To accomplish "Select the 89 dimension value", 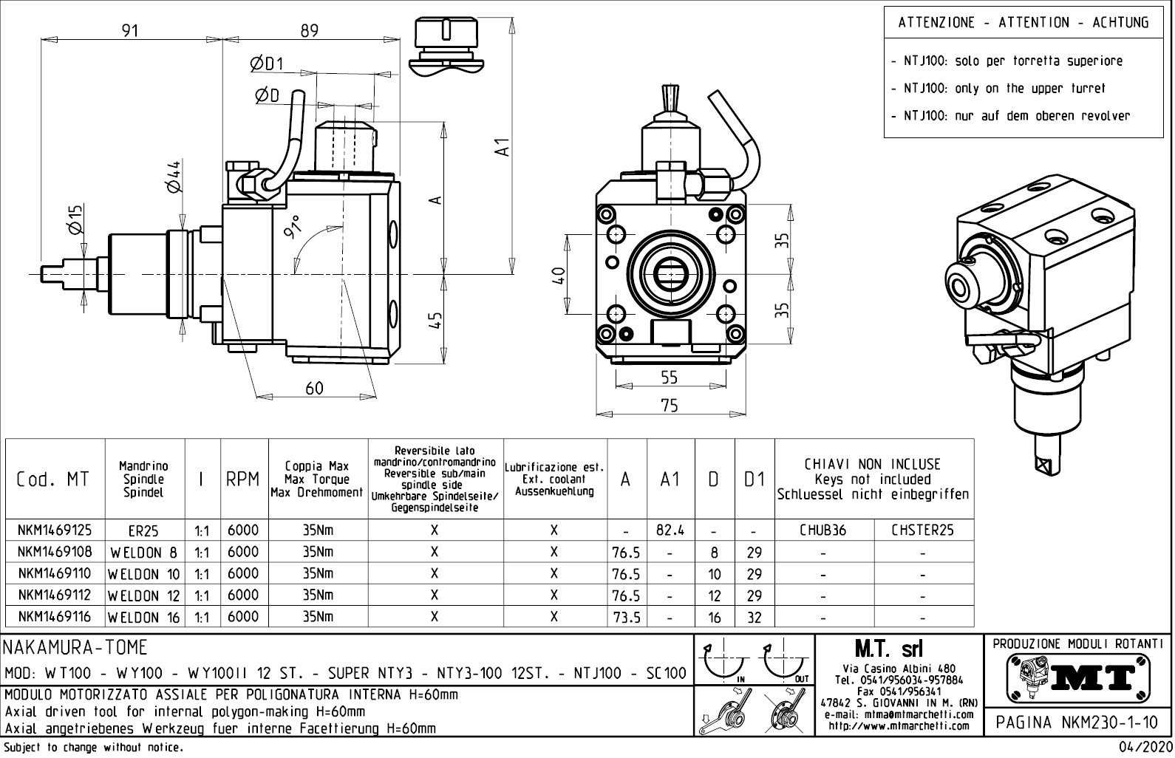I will point(309,30).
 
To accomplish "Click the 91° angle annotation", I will point(294,228).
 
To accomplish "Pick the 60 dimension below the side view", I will point(315,388).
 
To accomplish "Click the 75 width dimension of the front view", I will point(669,406).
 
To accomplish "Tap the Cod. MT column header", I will point(53,479).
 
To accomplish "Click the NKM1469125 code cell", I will point(55,530).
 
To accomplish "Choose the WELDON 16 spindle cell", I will point(145,617).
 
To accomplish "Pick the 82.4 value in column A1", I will point(670,530).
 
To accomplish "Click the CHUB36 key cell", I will point(823,530).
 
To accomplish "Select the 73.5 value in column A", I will point(626,617).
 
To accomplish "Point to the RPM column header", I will point(243,479).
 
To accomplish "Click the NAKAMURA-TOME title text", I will point(76,648).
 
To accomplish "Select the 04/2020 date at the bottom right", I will point(1142,748).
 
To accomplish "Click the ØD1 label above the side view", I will point(267,64).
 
